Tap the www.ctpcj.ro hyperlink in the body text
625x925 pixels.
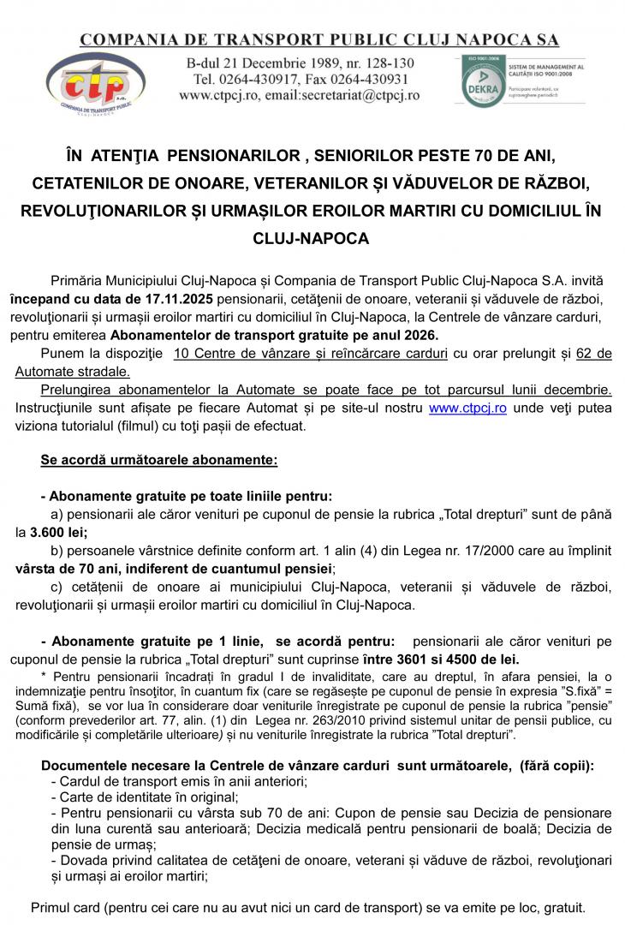[x=467, y=409]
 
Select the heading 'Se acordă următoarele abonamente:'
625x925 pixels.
[x=159, y=460]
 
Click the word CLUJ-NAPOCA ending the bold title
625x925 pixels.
[x=312, y=239]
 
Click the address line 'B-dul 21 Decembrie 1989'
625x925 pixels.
[x=271, y=63]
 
